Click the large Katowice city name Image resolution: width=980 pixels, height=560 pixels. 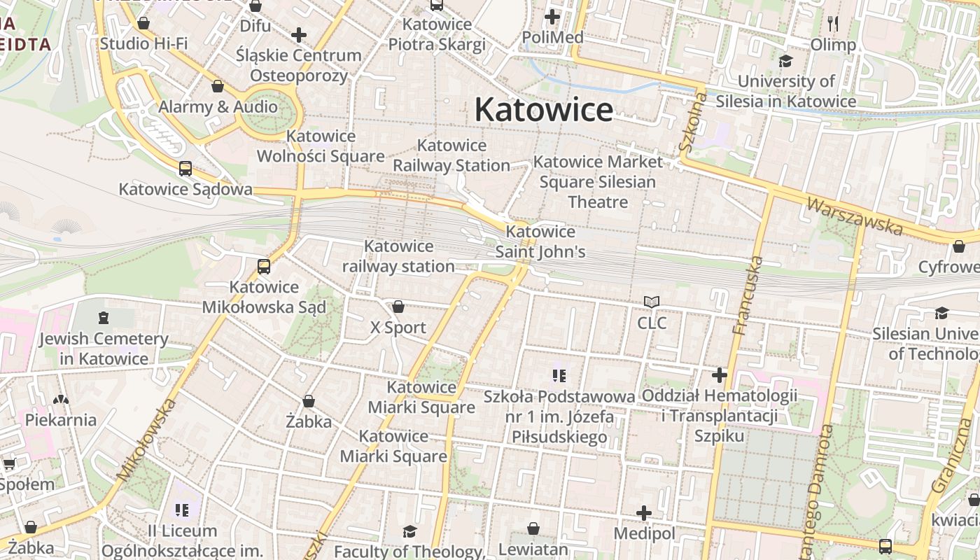coord(544,110)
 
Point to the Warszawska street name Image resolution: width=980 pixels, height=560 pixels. coord(854,216)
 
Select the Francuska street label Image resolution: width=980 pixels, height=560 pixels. coord(747,295)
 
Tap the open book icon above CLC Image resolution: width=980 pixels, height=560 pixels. coord(652,302)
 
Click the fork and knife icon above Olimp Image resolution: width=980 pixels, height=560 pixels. coord(833,24)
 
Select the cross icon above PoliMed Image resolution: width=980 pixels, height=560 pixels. coord(552,16)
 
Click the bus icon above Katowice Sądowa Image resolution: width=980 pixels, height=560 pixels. coord(185,168)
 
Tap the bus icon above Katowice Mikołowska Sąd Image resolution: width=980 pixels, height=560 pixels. coord(264,266)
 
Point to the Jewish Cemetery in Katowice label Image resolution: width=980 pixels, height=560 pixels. coord(104,349)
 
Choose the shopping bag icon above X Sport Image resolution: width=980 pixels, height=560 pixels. coord(398,307)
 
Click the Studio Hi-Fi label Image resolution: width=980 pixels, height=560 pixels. coord(143,43)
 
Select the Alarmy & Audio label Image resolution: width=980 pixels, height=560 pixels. coord(218,107)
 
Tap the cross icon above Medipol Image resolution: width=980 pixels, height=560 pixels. coord(644,513)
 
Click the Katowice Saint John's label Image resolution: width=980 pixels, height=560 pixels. coord(540,241)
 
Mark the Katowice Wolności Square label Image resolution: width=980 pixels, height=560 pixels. coord(321,146)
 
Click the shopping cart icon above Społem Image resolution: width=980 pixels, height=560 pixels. coord(9,463)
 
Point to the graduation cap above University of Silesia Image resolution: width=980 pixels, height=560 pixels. coord(785,62)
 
